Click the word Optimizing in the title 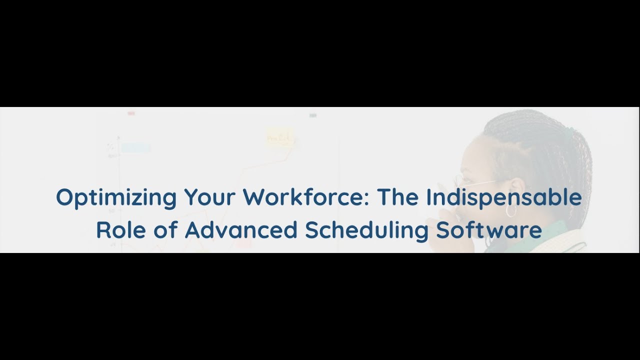(x=116, y=198)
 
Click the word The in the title (x=398, y=198)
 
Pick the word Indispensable (x=503, y=198)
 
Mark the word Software (x=489, y=230)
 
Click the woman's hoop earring (x=511, y=211)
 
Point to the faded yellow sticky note (x=279, y=136)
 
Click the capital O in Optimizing (x=63, y=198)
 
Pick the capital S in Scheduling (x=312, y=230)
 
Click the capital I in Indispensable (x=428, y=198)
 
